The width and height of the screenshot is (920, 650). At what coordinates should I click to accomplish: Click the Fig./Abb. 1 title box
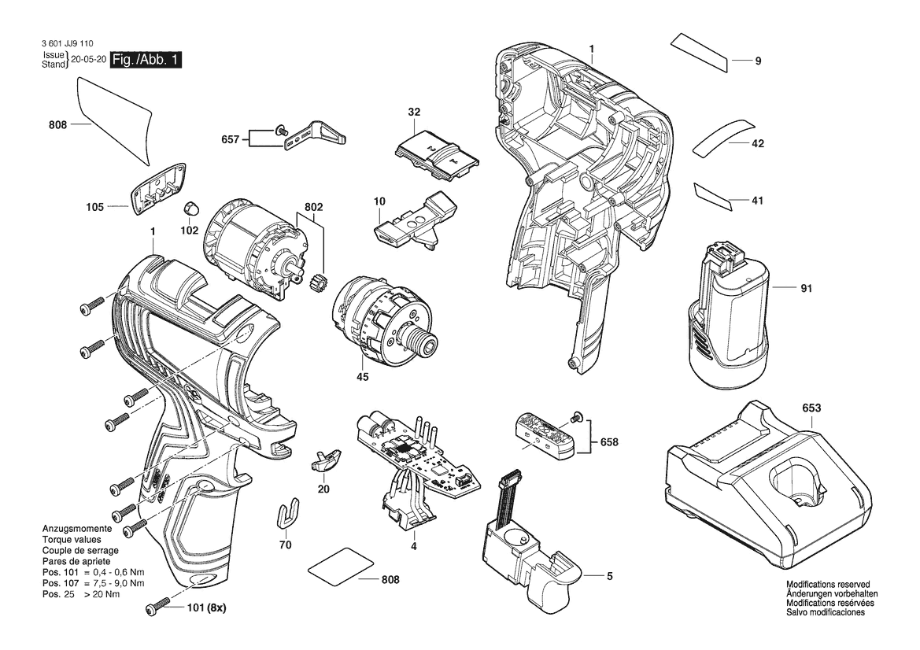click(x=146, y=60)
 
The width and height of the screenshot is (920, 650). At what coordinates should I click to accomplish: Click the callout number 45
click(x=363, y=377)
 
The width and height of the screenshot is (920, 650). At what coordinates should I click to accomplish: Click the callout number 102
click(x=189, y=231)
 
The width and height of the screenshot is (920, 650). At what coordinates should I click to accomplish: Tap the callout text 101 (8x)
click(x=206, y=608)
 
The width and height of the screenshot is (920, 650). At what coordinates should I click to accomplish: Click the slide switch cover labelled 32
click(x=436, y=153)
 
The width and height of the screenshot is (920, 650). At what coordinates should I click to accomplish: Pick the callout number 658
click(x=609, y=441)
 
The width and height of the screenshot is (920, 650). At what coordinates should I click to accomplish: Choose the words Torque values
click(x=72, y=540)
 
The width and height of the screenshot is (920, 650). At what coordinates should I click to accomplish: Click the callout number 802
click(x=313, y=207)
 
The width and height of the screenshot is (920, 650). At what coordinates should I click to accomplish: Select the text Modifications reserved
click(x=828, y=585)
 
